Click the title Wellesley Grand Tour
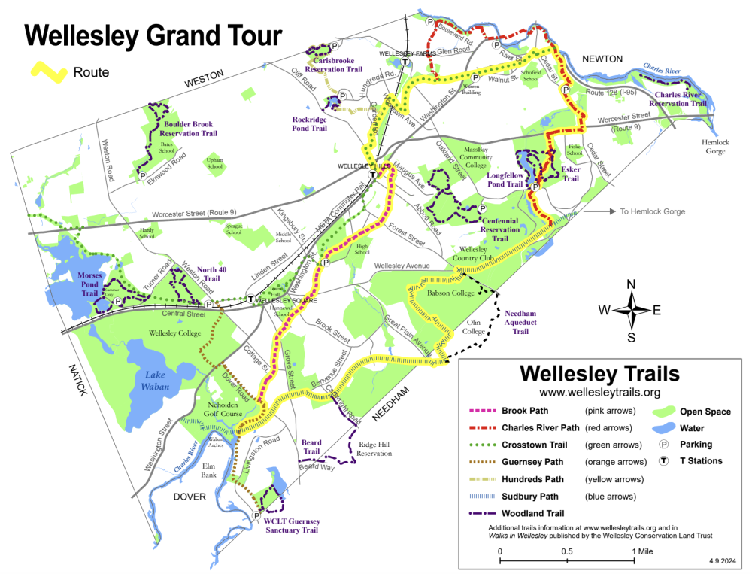[x=153, y=35]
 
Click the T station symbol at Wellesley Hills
[x=373, y=175]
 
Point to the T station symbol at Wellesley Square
[x=250, y=299]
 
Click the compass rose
[x=632, y=309]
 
